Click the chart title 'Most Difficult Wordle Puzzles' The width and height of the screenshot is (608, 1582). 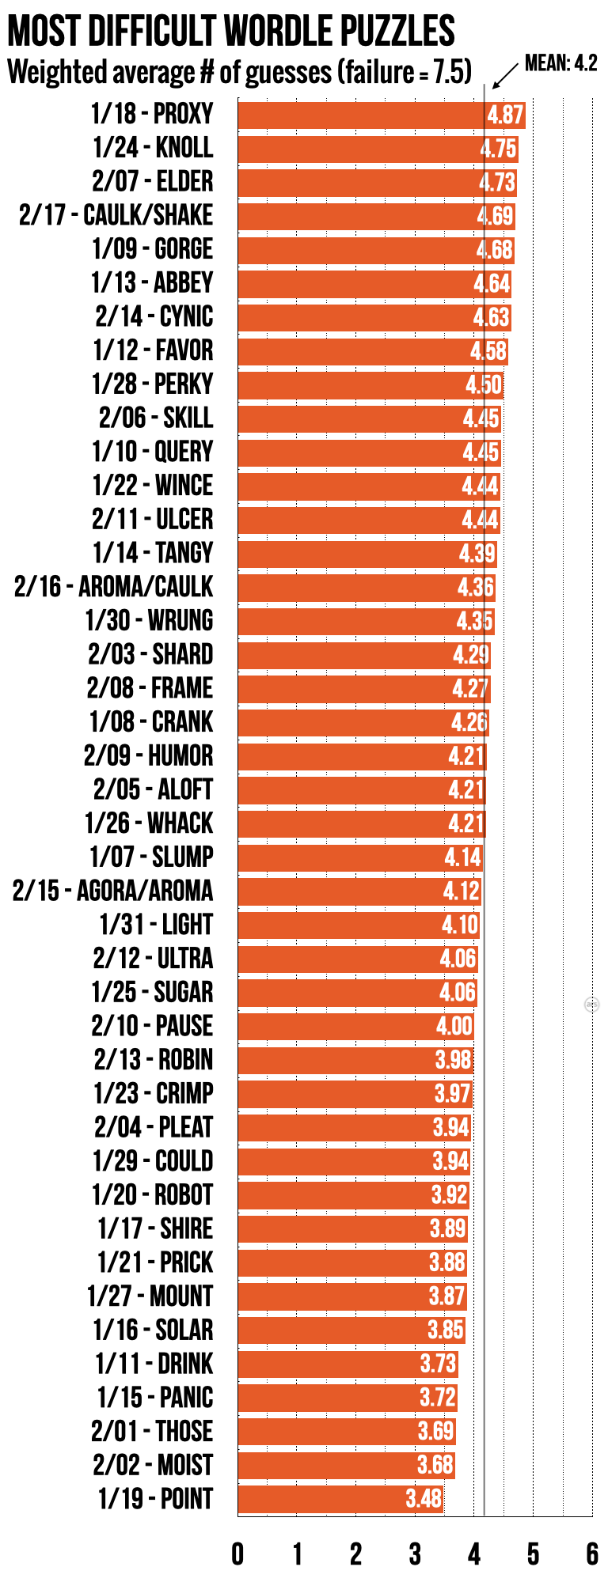coord(231,32)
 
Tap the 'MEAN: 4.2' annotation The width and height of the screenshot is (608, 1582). coord(560,63)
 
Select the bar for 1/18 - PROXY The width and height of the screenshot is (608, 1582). coord(381,115)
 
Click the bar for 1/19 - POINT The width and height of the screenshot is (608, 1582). coord(340,1498)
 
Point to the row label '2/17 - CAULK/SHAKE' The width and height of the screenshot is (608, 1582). coord(116,215)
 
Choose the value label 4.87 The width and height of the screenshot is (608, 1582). coord(505,115)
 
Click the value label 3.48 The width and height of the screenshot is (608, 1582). coord(424,1498)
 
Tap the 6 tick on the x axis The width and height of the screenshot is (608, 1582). coord(591,1554)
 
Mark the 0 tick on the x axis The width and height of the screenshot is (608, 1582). coord(237,1554)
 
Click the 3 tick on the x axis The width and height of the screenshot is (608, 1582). coord(415,1554)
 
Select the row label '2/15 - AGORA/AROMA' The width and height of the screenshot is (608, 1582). coord(112,891)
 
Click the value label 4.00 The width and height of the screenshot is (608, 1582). coord(454,1026)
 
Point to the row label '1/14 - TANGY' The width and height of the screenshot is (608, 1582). coord(153,553)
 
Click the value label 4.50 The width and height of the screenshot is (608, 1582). coord(483,385)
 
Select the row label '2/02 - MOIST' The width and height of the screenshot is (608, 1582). coord(153,1465)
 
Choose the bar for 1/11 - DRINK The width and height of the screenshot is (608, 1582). coord(348,1364)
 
